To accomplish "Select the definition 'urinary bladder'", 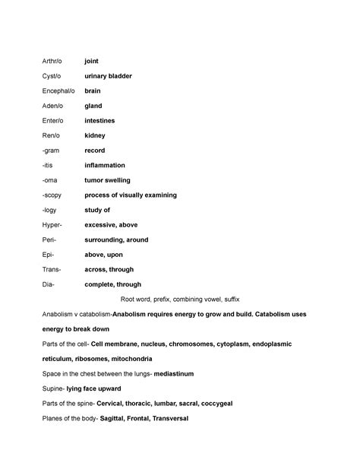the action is [108, 76].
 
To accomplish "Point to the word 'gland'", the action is [93, 106].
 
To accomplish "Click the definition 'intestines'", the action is [100, 120].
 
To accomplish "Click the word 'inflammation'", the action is [104, 165].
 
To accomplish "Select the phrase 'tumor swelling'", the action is [107, 180].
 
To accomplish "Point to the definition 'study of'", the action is [97, 210].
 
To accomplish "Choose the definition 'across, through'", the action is [109, 269].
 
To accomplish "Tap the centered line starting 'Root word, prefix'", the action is [179, 300].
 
